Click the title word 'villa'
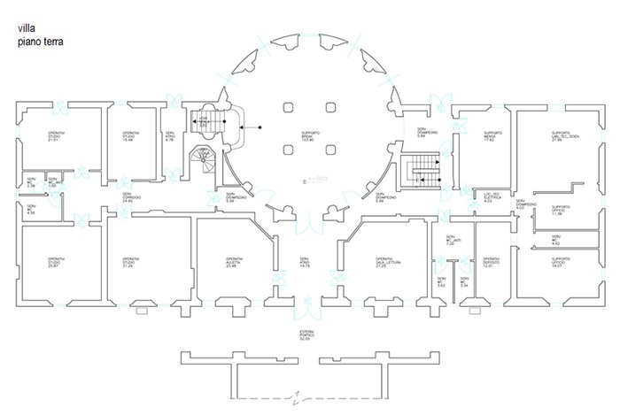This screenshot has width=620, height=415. coord(27,28)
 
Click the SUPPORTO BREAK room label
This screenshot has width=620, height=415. coord(310,137)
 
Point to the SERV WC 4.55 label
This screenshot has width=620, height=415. coord(31,210)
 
